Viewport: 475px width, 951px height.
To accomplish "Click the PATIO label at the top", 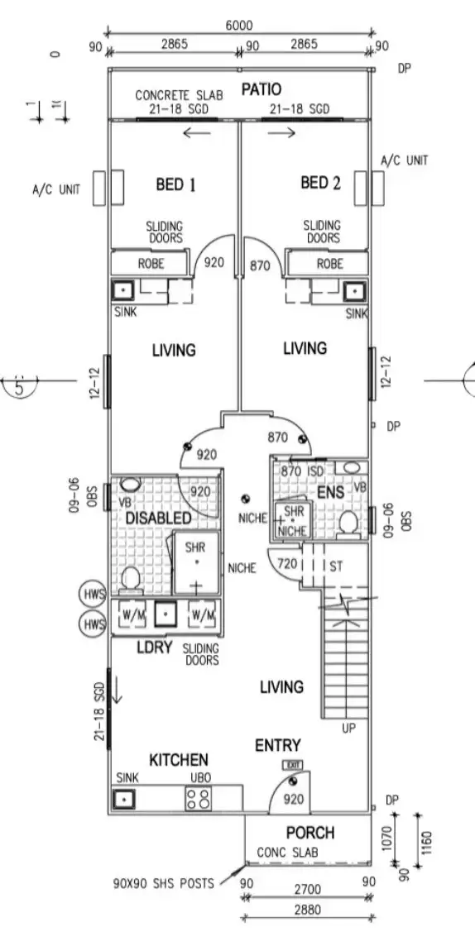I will pyautogui.click(x=261, y=89).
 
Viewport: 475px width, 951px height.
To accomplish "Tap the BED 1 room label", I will pyautogui.click(x=175, y=184).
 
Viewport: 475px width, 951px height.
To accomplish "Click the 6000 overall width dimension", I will pyautogui.click(x=239, y=26).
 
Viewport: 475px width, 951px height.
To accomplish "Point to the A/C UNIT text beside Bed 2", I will pyautogui.click(x=405, y=160).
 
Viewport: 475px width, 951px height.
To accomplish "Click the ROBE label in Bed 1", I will pyautogui.click(x=150, y=264).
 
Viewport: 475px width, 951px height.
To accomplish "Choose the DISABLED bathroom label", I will pyautogui.click(x=159, y=518).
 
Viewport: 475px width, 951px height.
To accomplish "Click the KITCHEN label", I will pyautogui.click(x=178, y=759).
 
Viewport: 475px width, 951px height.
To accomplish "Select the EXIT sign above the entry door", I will pyautogui.click(x=291, y=766).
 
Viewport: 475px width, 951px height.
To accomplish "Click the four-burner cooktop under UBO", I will pyautogui.click(x=199, y=798).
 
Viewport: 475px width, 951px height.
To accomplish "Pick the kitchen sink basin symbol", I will pyautogui.click(x=123, y=799).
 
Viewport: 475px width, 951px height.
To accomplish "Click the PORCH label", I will pyautogui.click(x=310, y=832).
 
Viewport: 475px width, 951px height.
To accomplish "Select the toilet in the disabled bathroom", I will pyautogui.click(x=129, y=579).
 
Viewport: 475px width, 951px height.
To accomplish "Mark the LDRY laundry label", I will pyautogui.click(x=153, y=648).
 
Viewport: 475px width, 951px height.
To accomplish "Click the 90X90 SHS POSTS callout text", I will pyautogui.click(x=163, y=883).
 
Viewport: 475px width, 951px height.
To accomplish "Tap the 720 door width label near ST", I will pyautogui.click(x=285, y=564).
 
